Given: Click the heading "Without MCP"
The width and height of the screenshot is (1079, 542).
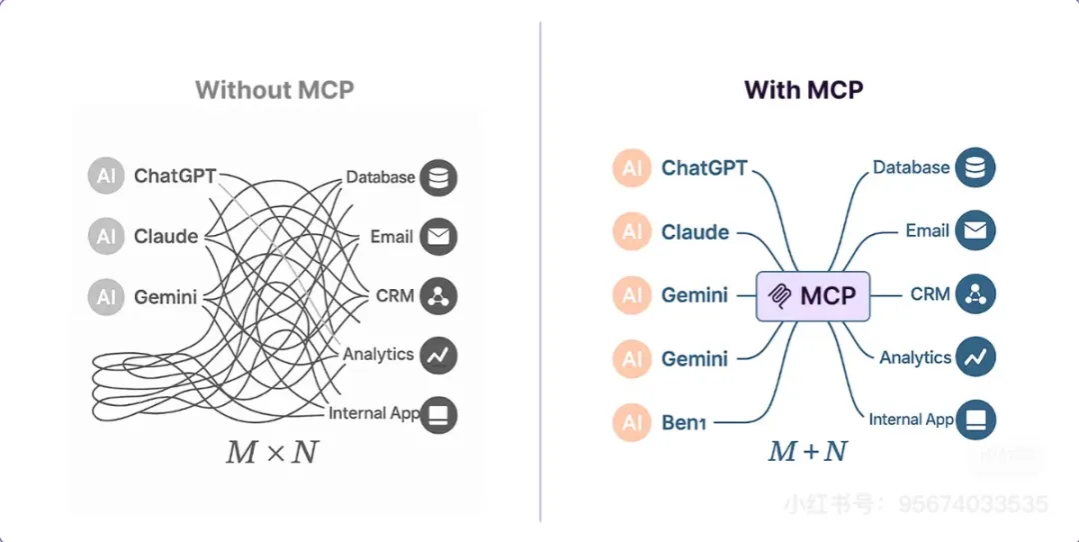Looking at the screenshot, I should (275, 90).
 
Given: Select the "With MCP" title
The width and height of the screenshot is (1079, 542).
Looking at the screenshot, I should (803, 90).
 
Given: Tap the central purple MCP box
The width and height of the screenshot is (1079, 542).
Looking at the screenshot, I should (813, 296).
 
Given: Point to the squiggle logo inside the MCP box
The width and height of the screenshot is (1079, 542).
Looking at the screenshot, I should (779, 296).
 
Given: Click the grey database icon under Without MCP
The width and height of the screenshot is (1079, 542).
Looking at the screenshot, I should (439, 178).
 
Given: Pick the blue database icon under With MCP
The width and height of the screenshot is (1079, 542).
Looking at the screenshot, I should (975, 169).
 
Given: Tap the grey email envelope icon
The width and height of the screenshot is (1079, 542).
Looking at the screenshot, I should (439, 237).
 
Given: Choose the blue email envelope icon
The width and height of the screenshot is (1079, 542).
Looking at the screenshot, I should (975, 232).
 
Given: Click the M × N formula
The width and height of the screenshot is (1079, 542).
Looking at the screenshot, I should (272, 452).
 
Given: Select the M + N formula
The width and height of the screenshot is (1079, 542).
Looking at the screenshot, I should (807, 451).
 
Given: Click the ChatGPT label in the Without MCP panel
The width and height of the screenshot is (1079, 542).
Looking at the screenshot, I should (175, 177).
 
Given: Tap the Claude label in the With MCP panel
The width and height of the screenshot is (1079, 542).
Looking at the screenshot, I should (694, 232).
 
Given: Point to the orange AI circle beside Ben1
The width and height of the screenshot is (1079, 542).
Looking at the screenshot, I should (632, 423).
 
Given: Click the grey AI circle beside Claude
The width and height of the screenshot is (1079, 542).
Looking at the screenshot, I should (106, 237).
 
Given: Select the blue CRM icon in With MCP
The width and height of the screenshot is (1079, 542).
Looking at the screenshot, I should (975, 295).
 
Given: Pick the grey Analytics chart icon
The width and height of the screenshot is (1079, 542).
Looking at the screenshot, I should (439, 354).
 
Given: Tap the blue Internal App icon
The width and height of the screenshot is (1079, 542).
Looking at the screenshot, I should (975, 420).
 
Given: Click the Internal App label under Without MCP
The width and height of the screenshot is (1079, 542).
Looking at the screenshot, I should (373, 413).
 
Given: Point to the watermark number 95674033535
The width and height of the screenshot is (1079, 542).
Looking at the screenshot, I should (973, 504).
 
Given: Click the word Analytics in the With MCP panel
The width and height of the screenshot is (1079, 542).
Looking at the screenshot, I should (915, 357).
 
